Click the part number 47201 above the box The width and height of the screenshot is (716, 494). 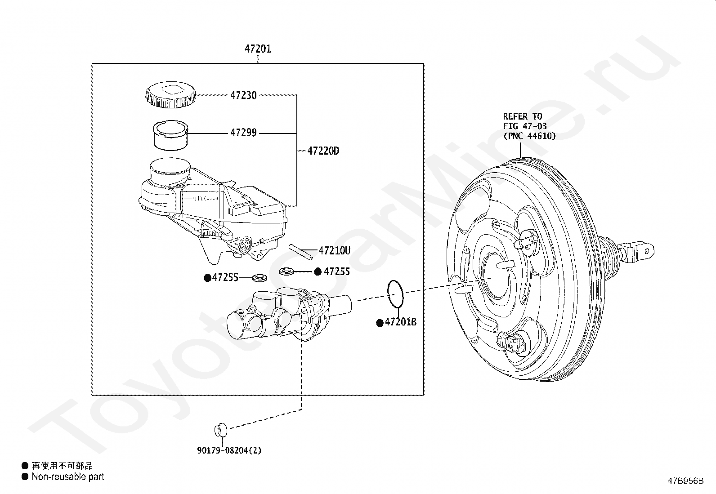(258, 49)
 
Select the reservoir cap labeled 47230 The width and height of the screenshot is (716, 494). (171, 95)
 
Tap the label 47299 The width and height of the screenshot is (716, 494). (243, 133)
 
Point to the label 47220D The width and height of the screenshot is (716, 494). (323, 151)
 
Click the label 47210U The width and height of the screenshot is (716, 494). (334, 251)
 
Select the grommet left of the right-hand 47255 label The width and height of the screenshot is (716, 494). (286, 271)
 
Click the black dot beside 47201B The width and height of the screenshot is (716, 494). (380, 323)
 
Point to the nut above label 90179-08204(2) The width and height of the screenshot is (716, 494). (220, 430)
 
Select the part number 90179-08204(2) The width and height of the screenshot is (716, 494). (229, 450)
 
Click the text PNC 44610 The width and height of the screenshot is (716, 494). (529, 136)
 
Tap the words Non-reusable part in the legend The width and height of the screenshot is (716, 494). (67, 477)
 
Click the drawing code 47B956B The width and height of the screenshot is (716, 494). (685, 481)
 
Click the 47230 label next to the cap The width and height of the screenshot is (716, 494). (243, 95)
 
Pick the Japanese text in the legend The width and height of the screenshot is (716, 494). (62, 466)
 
